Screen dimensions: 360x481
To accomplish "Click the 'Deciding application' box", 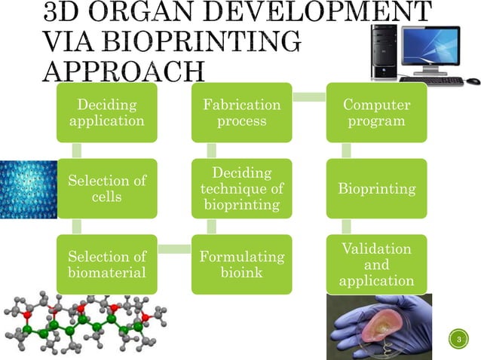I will click(x=107, y=111).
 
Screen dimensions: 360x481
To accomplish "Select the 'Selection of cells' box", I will click(x=107, y=188).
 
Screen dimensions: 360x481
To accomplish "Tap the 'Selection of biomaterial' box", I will click(x=107, y=264).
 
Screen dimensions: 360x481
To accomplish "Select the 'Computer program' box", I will click(x=376, y=111).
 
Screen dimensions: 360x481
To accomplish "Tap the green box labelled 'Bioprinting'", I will click(x=376, y=188).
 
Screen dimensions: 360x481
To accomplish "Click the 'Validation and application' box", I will click(x=376, y=264).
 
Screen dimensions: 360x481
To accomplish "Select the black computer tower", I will click(x=384, y=51).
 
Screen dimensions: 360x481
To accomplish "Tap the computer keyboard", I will click(x=430, y=80).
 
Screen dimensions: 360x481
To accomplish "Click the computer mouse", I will click(x=473, y=81).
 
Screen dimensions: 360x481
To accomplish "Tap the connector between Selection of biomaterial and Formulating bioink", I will click(x=174, y=249).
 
